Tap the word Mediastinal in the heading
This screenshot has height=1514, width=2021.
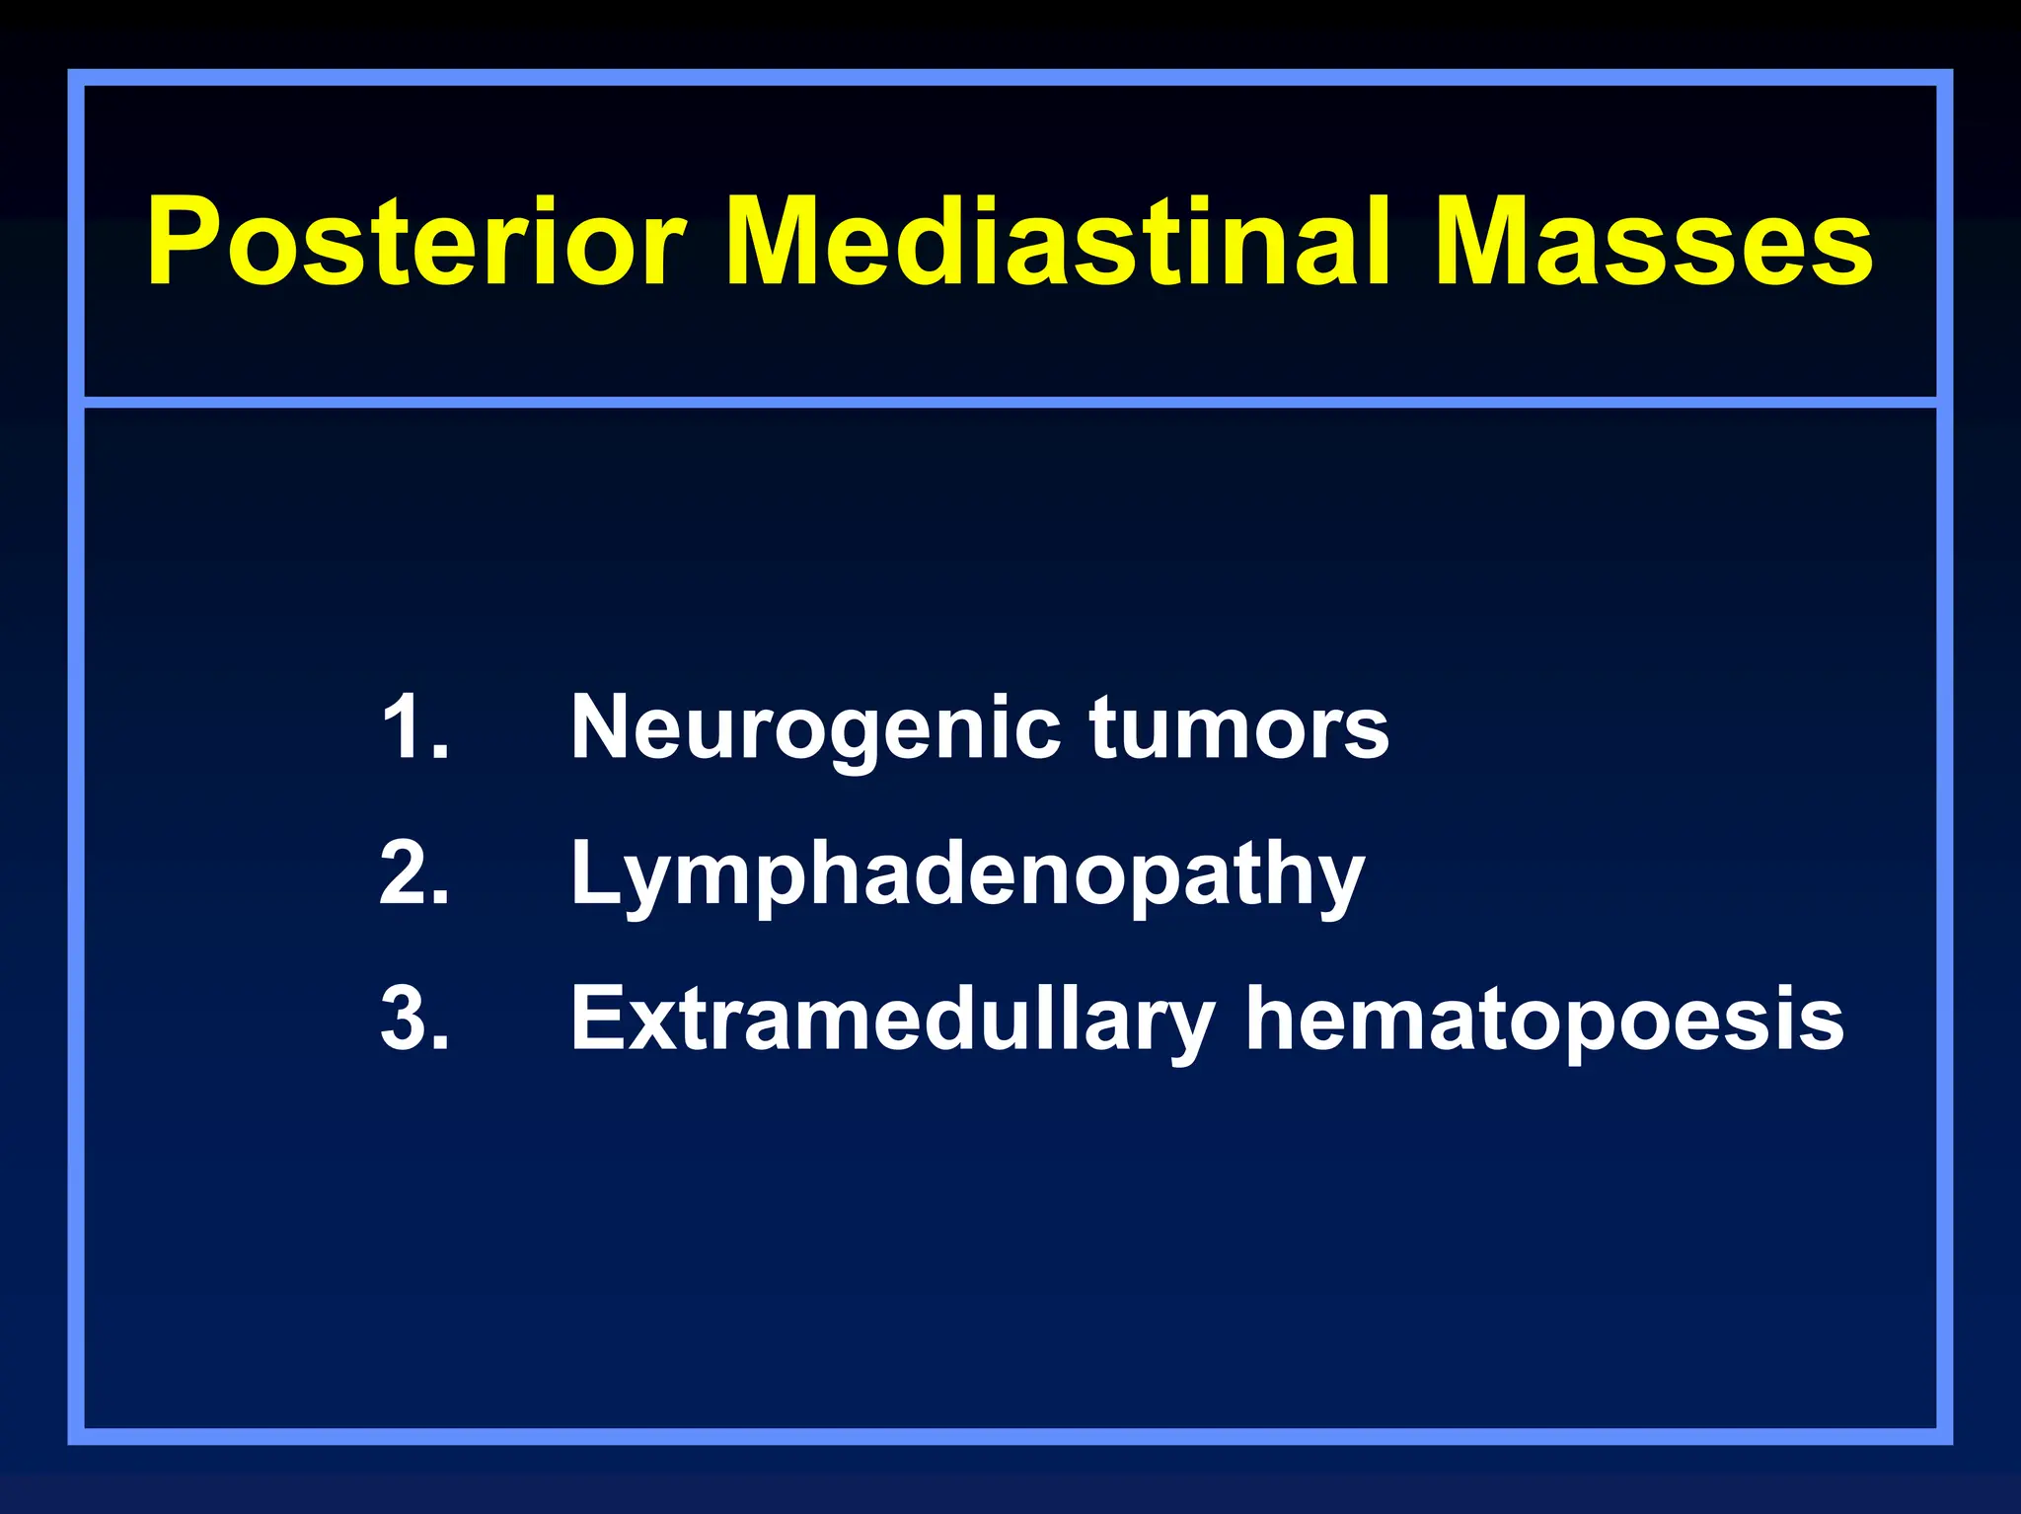[1060, 242]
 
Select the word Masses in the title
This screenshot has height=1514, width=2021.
[1654, 242]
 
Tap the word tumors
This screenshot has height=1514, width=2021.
[1238, 727]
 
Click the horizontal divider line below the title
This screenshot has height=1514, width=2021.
[1010, 403]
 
